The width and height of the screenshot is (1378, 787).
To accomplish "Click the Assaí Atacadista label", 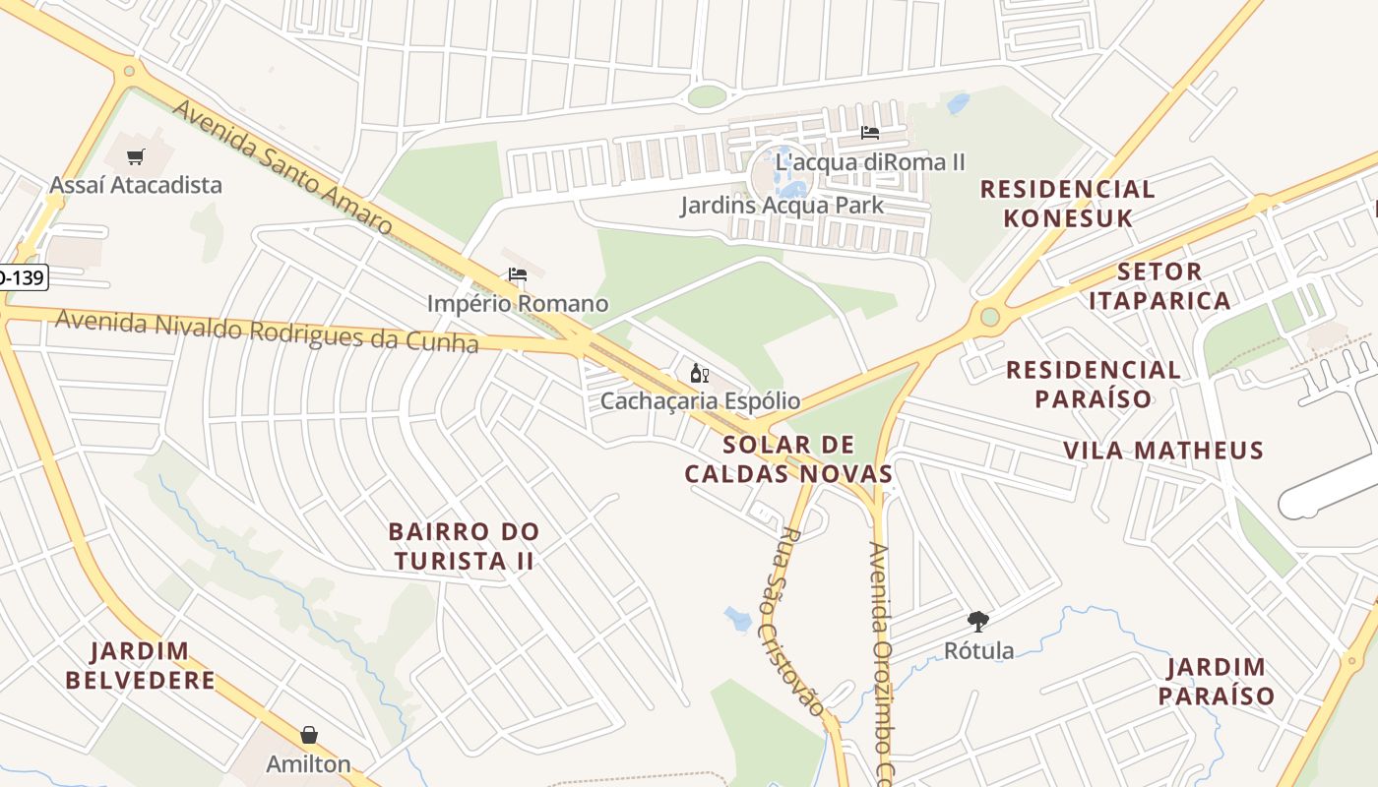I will pyautogui.click(x=136, y=185).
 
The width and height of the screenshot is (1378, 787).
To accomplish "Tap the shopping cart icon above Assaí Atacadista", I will pyautogui.click(x=136, y=156).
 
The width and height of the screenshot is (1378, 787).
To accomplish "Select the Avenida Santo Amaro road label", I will pyautogui.click(x=282, y=166).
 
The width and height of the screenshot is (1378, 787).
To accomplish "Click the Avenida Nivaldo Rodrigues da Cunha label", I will pyautogui.click(x=267, y=331).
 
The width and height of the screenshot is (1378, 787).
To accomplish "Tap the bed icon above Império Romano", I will pyautogui.click(x=518, y=274).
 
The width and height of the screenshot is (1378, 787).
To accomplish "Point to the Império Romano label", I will pyautogui.click(x=518, y=304).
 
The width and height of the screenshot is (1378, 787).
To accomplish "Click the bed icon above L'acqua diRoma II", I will pyautogui.click(x=869, y=133).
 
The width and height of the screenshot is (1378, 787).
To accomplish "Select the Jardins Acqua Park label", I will pyautogui.click(x=783, y=206).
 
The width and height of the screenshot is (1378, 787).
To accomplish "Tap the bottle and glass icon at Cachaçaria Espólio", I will pyautogui.click(x=700, y=373).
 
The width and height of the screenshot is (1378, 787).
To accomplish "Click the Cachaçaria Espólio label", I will pyautogui.click(x=700, y=401).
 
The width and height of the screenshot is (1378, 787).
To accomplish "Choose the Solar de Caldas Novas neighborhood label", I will pyautogui.click(x=788, y=458).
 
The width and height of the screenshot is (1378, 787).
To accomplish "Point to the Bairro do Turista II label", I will pyautogui.click(x=465, y=546).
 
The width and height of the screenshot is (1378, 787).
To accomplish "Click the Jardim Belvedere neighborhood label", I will pyautogui.click(x=140, y=665).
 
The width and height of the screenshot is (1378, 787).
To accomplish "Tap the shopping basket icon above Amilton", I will pyautogui.click(x=309, y=736).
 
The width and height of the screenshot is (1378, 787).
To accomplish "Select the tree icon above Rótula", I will pyautogui.click(x=978, y=622).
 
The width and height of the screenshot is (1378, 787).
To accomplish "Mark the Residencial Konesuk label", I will pyautogui.click(x=1068, y=203).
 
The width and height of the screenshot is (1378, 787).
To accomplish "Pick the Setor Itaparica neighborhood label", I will pyautogui.click(x=1159, y=285).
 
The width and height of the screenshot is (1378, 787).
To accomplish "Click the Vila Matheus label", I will pyautogui.click(x=1162, y=451).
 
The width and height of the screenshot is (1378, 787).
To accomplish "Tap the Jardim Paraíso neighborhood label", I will pyautogui.click(x=1216, y=682).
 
